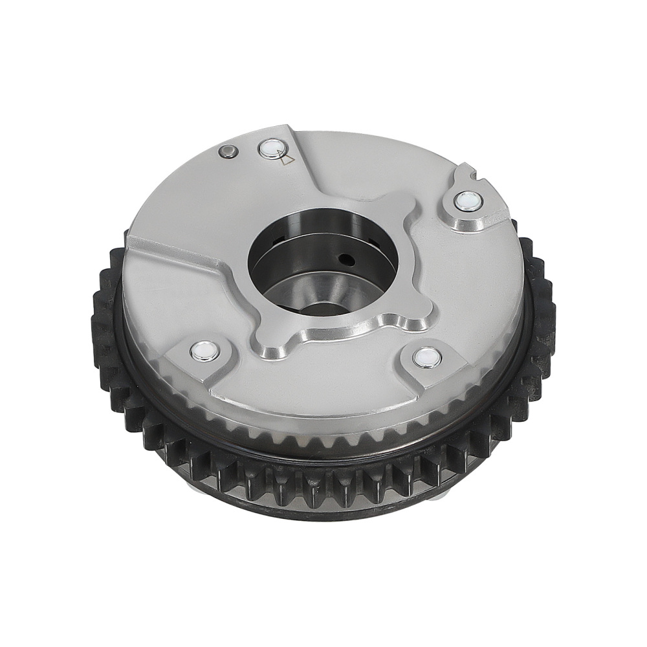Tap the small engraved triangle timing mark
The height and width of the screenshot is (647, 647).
(x=287, y=159)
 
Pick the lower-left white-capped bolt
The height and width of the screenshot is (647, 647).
(x=203, y=351)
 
